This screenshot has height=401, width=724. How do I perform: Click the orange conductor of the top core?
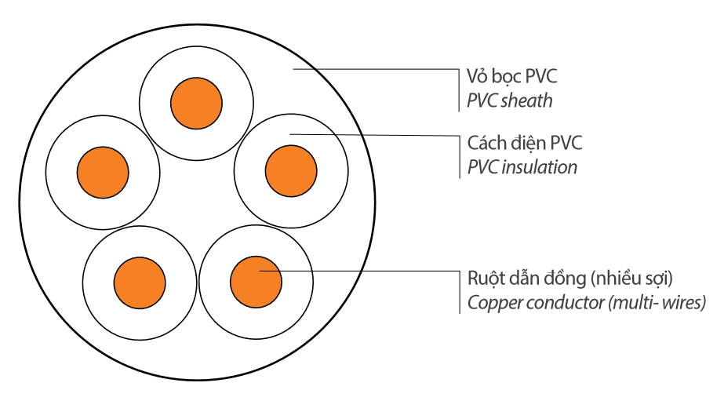pyautogui.click(x=196, y=102)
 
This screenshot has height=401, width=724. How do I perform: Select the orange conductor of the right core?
pyautogui.click(x=291, y=170)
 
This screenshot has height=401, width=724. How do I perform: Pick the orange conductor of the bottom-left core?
pyautogui.click(x=140, y=280)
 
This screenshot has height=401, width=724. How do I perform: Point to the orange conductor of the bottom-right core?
pyautogui.click(x=256, y=280)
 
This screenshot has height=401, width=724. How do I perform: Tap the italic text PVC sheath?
pyautogui.click(x=510, y=100)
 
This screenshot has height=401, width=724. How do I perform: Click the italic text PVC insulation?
pyautogui.click(x=522, y=167)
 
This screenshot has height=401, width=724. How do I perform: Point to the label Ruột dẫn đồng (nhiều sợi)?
pyautogui.click(x=570, y=279)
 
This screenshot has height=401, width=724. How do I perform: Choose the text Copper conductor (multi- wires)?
pyautogui.click(x=587, y=303)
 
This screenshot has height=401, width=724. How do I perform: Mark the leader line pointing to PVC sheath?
pyautogui.click(x=377, y=70)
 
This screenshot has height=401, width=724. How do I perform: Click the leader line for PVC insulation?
pyautogui.click(x=377, y=136)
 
